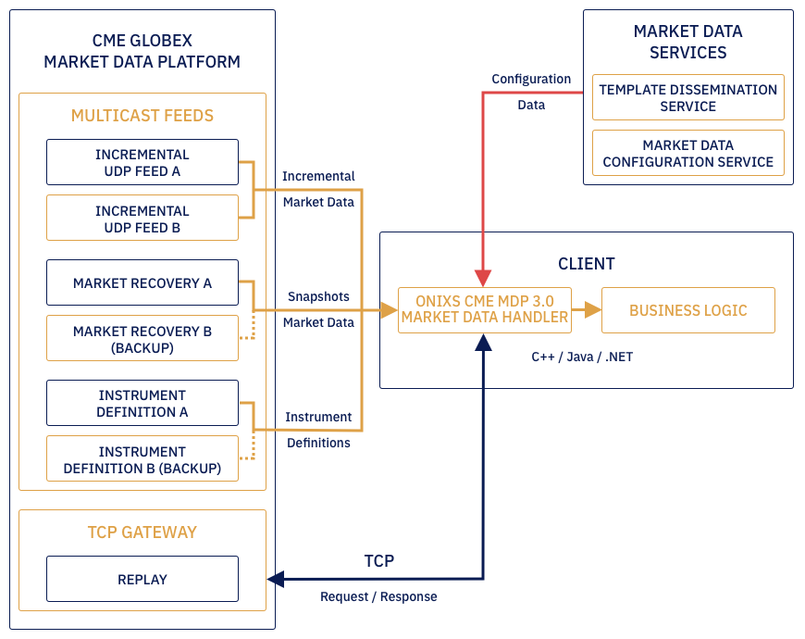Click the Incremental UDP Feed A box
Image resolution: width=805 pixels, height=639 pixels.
tap(142, 162)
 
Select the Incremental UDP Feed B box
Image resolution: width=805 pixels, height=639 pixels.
tap(142, 219)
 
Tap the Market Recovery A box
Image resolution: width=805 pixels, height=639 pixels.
tap(142, 282)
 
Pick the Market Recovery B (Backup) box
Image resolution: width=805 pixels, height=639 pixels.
tap(142, 339)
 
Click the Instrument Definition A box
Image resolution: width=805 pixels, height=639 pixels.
tap(142, 403)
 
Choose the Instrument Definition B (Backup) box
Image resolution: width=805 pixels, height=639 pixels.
tap(142, 459)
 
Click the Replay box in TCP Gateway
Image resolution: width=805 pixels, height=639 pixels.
tap(142, 579)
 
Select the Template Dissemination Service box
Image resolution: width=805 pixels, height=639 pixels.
tap(687, 97)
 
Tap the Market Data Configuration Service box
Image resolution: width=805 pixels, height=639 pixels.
tap(687, 153)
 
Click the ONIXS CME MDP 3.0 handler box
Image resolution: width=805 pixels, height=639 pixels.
tap(484, 310)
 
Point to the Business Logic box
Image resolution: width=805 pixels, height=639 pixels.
tap(687, 310)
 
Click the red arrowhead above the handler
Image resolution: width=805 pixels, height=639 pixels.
tap(483, 278)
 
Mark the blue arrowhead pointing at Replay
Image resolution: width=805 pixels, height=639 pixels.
tap(276, 579)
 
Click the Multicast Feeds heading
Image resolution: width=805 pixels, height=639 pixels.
tap(142, 116)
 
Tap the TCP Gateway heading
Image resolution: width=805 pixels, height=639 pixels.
tap(142, 532)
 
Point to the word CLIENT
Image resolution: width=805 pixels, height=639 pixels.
tap(586, 264)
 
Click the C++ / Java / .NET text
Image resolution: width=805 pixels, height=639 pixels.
tap(582, 357)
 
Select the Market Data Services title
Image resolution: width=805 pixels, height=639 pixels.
tap(687, 42)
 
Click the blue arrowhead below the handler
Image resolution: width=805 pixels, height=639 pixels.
tap(483, 342)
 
